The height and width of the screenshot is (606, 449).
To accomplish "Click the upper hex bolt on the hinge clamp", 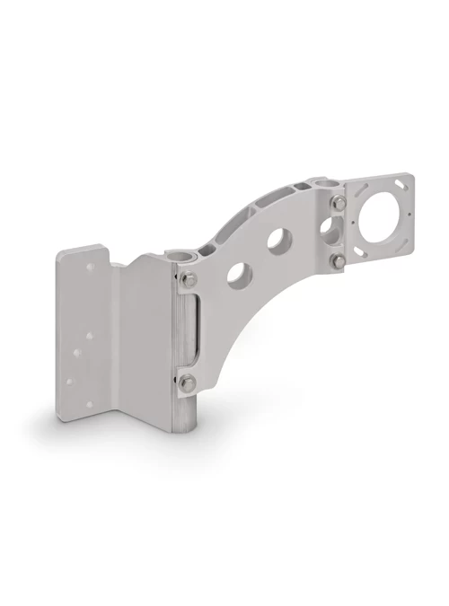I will coord(188,280).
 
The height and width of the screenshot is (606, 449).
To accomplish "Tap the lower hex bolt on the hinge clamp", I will coord(187,383).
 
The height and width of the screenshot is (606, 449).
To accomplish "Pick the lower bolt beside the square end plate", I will coord(339,260).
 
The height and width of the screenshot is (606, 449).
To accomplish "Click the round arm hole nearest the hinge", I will coord(239,273).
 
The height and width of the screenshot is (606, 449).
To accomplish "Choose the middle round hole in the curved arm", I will coord(279,240).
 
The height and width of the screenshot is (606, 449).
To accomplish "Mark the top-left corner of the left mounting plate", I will coord(61,254).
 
